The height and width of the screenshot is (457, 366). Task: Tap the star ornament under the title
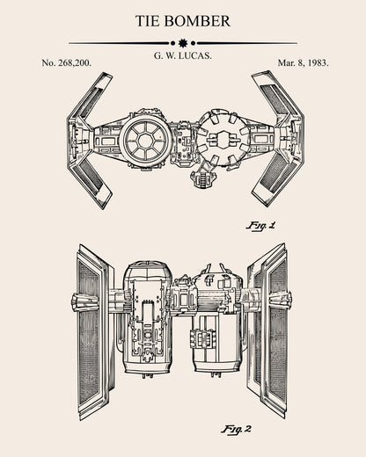[x=183, y=42]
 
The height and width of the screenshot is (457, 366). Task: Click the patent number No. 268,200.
[x=67, y=63]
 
